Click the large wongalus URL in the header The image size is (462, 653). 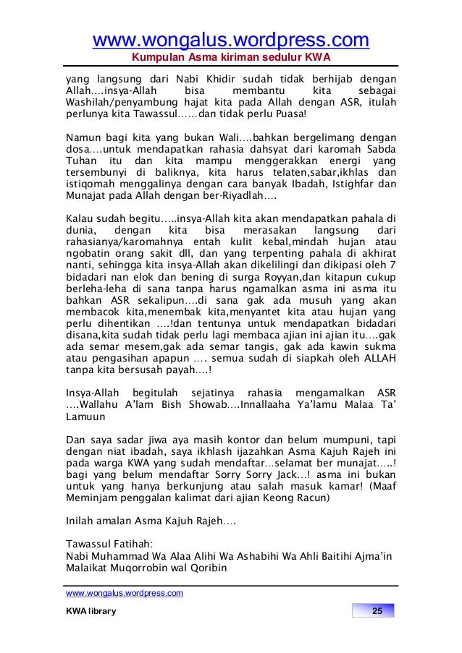[230, 38]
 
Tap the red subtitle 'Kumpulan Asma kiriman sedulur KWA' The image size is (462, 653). [230, 57]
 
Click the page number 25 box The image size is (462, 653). [375, 613]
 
